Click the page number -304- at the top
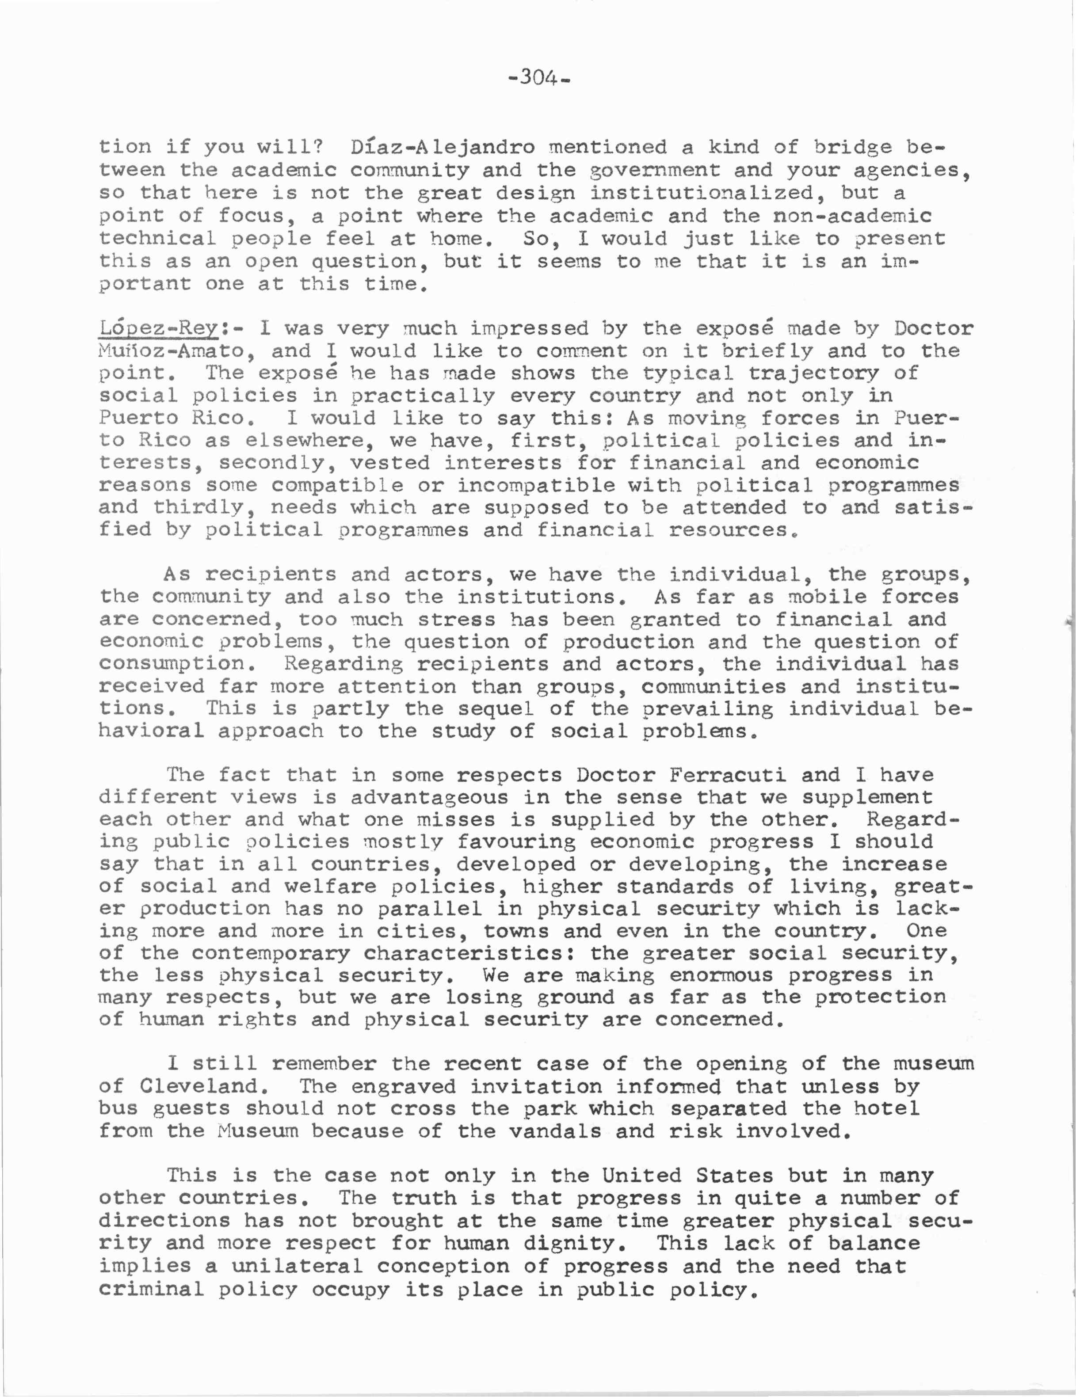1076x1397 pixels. point(538,79)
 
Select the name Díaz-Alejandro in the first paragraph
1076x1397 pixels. point(442,148)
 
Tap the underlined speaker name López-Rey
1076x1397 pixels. point(159,329)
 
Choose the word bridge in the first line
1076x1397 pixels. point(853,148)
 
